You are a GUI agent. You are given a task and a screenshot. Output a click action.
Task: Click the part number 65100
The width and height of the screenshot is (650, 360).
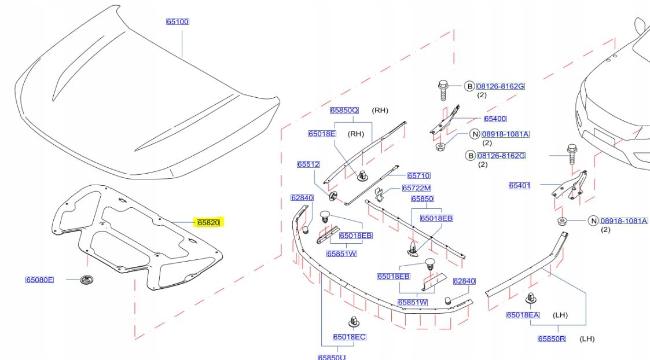[178, 21]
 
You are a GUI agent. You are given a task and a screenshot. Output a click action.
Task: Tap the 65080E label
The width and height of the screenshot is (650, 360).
[39, 280]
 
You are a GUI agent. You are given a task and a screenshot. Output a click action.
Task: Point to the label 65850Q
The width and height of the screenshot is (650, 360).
[344, 110]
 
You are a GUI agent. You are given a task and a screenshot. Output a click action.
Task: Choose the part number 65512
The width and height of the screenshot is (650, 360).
[309, 164]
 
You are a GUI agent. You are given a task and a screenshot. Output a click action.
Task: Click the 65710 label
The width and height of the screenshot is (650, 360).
[418, 175]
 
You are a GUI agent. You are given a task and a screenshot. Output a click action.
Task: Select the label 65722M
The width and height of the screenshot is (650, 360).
[417, 188]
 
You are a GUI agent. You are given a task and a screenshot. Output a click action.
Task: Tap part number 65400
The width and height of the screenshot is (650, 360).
[495, 119]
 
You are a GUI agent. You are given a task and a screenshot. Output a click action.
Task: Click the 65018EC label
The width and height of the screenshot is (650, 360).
[349, 337]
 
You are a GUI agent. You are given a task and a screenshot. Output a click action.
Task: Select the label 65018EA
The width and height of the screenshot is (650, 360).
[523, 315]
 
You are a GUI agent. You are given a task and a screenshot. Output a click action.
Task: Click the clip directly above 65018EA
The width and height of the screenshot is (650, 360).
[530, 299]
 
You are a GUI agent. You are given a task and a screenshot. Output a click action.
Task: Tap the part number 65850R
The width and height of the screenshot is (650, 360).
[551, 339]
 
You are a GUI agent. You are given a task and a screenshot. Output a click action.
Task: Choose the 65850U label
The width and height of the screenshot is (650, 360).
[332, 357]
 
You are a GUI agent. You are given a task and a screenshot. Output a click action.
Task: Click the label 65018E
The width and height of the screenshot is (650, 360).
[322, 134]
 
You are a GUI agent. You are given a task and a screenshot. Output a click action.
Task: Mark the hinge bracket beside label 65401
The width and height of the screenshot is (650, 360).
[569, 186]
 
